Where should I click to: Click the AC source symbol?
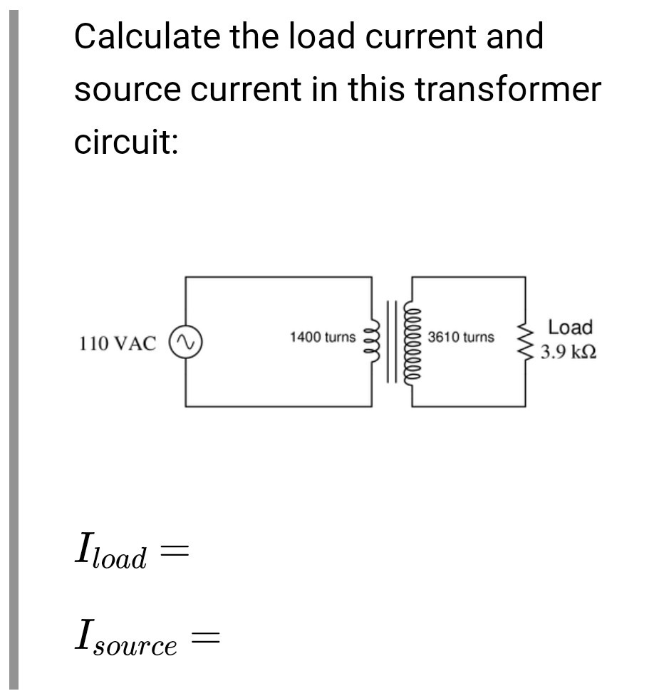[x=185, y=343]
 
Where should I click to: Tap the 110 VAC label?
[x=117, y=343]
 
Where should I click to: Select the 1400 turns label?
[x=322, y=336]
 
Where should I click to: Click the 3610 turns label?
[x=461, y=336]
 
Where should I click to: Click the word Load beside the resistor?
[x=570, y=328]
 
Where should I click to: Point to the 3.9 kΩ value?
[x=568, y=353]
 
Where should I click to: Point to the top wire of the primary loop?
[x=278, y=277]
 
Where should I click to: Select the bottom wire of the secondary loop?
[x=468, y=406]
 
